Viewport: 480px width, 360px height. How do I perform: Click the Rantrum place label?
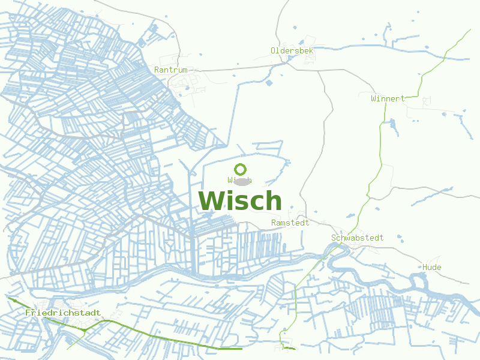coord(171,70)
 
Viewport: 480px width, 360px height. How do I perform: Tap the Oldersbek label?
coord(292,51)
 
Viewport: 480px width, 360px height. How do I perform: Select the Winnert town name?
coord(388,98)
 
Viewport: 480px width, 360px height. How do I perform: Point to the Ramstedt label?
coord(290,223)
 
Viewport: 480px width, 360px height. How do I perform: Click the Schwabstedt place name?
coord(357,238)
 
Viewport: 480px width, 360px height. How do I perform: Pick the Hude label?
coord(432,267)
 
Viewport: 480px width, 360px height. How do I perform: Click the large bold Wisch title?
coord(240,201)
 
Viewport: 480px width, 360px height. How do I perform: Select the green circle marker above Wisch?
coord(241,169)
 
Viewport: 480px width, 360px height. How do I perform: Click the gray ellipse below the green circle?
coord(241,181)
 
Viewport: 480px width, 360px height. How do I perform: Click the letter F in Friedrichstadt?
coord(28,313)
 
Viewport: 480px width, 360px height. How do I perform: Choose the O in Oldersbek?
coord(274,51)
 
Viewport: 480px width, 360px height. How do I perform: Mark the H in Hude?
coord(425,267)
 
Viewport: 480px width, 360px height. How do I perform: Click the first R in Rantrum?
coord(157,70)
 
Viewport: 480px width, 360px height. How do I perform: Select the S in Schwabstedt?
coord(334,238)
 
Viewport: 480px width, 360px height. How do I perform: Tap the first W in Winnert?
coord(374,98)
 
